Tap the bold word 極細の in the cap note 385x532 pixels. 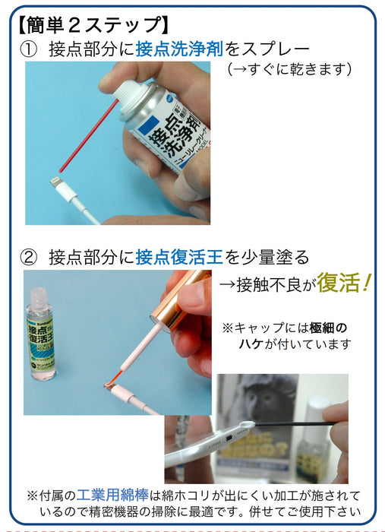(328, 328)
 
